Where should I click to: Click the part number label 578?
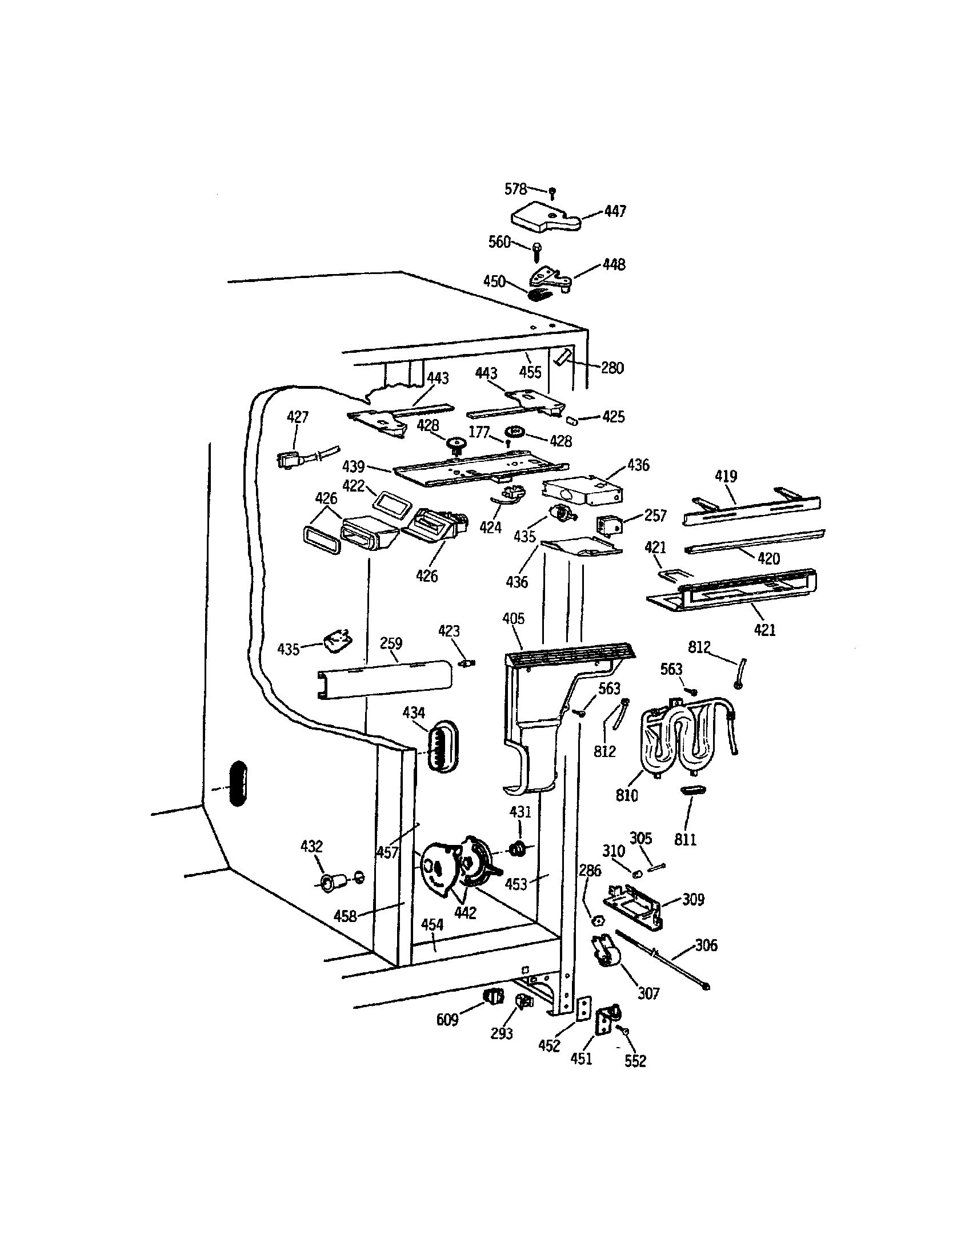pos(515,188)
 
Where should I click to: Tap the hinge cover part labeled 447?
pos(544,219)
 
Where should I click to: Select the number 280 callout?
pos(612,368)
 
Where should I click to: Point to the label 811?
pos(684,840)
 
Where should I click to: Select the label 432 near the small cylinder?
pos(311,847)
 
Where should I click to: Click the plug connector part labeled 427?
pos(288,460)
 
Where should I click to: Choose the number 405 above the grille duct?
pos(513,619)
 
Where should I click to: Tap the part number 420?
pos(769,558)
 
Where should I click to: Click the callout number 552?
pos(635,1061)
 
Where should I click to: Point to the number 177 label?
pos(479,433)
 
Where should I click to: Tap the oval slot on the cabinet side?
pos(237,784)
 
